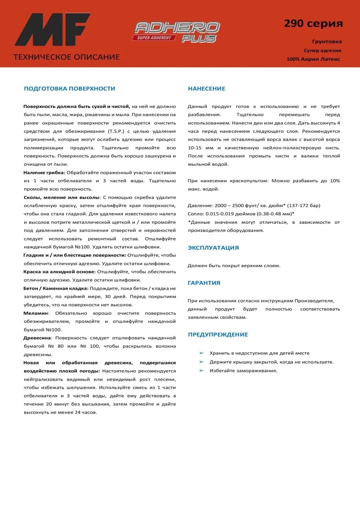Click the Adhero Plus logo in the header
(x=176, y=32)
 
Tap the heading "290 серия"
(x=313, y=23)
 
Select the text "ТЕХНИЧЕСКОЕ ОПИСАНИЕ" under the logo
(x=67, y=57)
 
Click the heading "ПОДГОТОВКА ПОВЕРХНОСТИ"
(x=69, y=89)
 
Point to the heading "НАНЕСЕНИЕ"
(x=206, y=89)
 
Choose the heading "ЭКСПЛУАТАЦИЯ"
(x=213, y=248)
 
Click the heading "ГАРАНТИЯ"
(x=204, y=283)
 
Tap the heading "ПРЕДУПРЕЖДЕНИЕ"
(x=218, y=334)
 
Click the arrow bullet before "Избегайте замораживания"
(x=202, y=371)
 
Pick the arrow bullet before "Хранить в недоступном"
(x=202, y=353)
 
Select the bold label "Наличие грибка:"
(x=44, y=172)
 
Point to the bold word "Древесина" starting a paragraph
(x=37, y=338)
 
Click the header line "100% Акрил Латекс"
(x=313, y=59)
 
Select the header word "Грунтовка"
(x=327, y=41)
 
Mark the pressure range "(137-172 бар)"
(x=304, y=205)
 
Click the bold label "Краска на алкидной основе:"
(x=59, y=272)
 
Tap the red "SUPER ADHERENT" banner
(x=154, y=38)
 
